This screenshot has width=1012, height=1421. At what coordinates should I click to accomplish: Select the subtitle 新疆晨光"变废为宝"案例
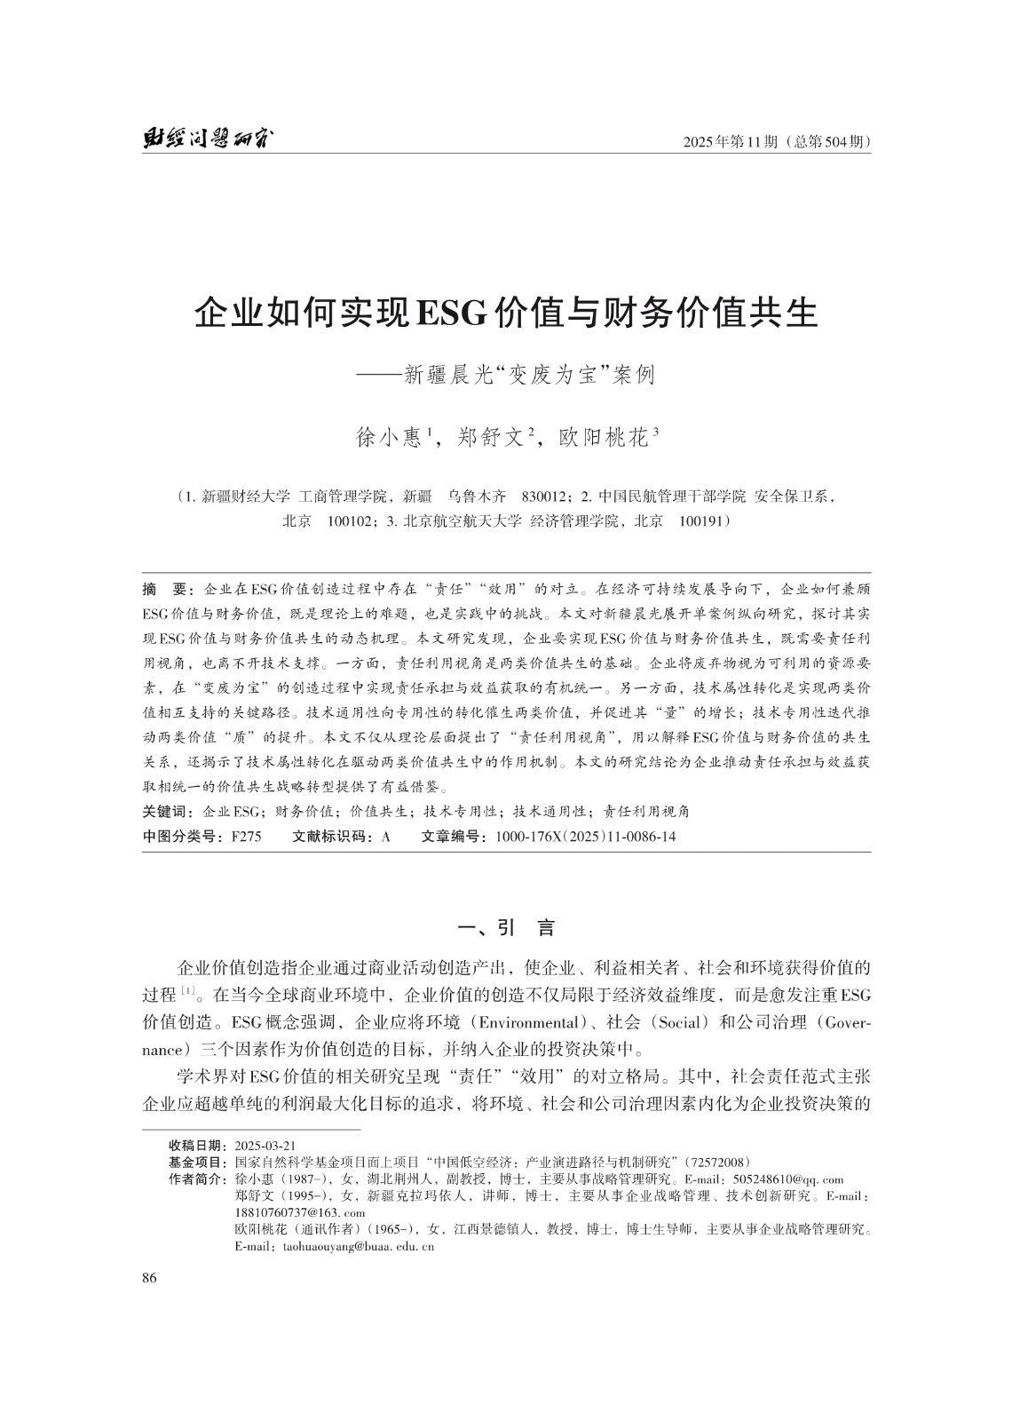click(529, 375)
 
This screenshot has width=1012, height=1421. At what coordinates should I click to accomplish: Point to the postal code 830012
click(549, 496)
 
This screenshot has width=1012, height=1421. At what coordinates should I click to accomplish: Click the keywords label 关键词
click(168, 811)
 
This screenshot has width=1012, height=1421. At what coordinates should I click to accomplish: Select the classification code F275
click(246, 836)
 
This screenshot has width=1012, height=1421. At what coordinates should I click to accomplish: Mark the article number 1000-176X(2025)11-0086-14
click(585, 836)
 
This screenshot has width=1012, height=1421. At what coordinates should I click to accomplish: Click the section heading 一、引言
click(505, 929)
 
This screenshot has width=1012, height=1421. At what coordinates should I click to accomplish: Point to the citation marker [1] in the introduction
click(188, 989)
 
